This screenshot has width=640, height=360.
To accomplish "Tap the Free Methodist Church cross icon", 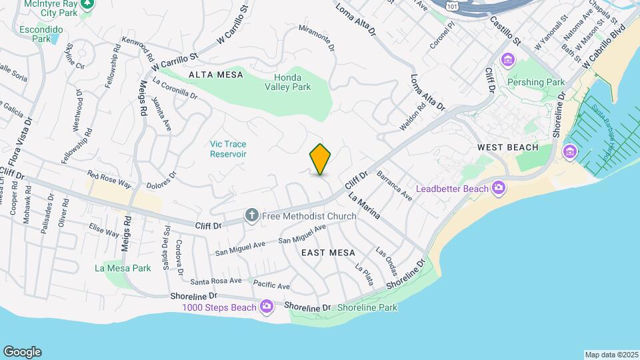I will pos(251,214).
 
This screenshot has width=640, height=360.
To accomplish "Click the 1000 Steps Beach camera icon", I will pos(267,306).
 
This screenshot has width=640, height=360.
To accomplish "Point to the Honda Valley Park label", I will pos(287,82).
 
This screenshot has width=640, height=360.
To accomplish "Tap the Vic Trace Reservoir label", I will pos(228,149).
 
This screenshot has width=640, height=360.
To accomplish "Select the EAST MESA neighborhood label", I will pos(328,253).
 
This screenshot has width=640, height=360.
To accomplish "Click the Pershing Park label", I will pos(536,83).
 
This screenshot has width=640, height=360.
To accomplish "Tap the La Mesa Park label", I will pos(122,269).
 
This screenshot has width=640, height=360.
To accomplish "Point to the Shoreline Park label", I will pos(367,307).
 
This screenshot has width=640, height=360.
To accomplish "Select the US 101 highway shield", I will pos(453,5).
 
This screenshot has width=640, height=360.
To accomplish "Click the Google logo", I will pos(22,352).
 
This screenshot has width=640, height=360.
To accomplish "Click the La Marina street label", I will pos(364,207).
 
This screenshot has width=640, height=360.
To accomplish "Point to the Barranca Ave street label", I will pos(394,186).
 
